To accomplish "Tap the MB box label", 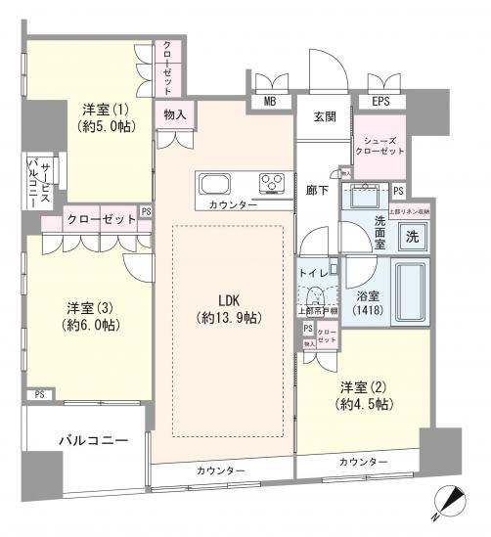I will point(267,99).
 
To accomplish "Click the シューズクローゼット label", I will point(379,146).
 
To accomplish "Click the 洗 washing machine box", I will point(415,235).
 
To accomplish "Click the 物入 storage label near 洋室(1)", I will point(175,115).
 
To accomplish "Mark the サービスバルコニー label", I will point(38,183).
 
